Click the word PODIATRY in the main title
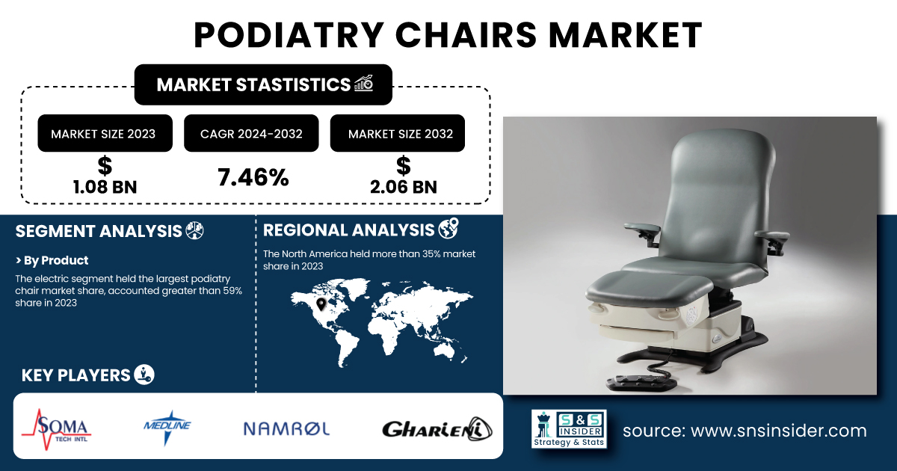tap(289, 35)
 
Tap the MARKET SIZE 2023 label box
tap(105, 133)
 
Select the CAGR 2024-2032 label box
tap(251, 133)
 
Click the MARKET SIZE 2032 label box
tap(397, 133)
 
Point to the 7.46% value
tap(253, 177)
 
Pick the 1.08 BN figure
tap(105, 187)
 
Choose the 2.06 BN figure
tap(403, 187)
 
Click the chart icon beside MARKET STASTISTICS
tap(363, 83)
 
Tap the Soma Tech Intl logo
tap(57, 429)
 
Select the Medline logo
tap(167, 428)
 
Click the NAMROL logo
tap(287, 429)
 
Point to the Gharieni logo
tap(437, 429)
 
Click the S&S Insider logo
tap(569, 429)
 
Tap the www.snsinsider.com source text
tap(778, 431)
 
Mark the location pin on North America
tap(321, 304)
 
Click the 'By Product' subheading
tap(52, 260)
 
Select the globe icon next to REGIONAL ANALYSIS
tap(449, 228)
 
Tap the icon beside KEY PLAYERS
tap(144, 375)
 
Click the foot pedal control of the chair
tap(641, 383)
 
